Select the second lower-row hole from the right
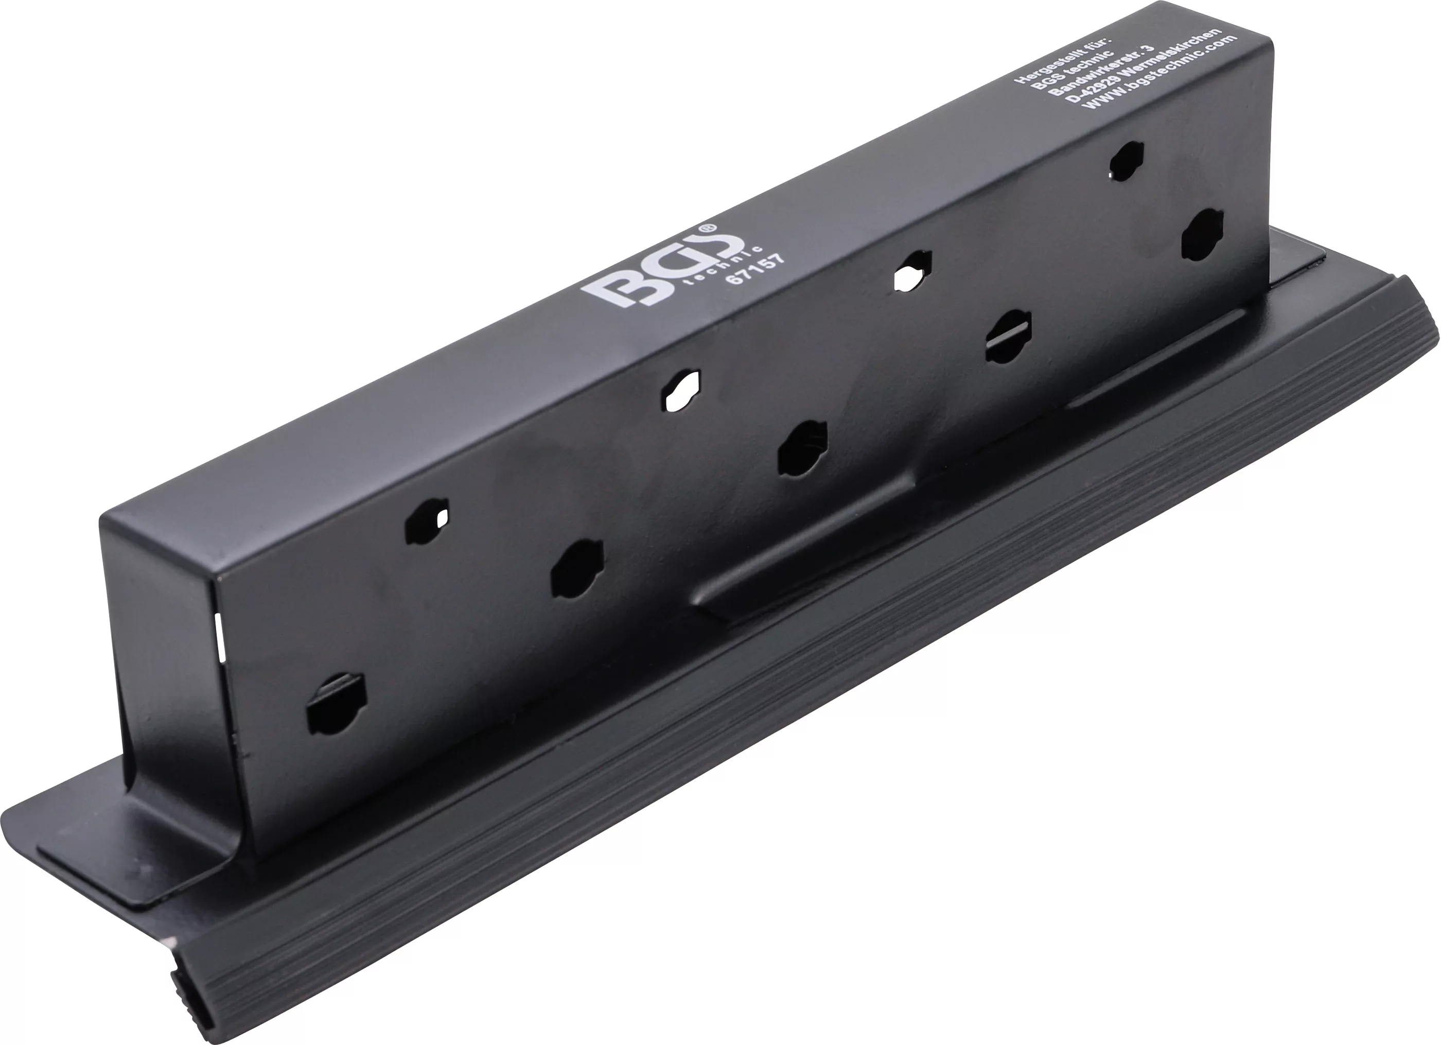[x=1009, y=337]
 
